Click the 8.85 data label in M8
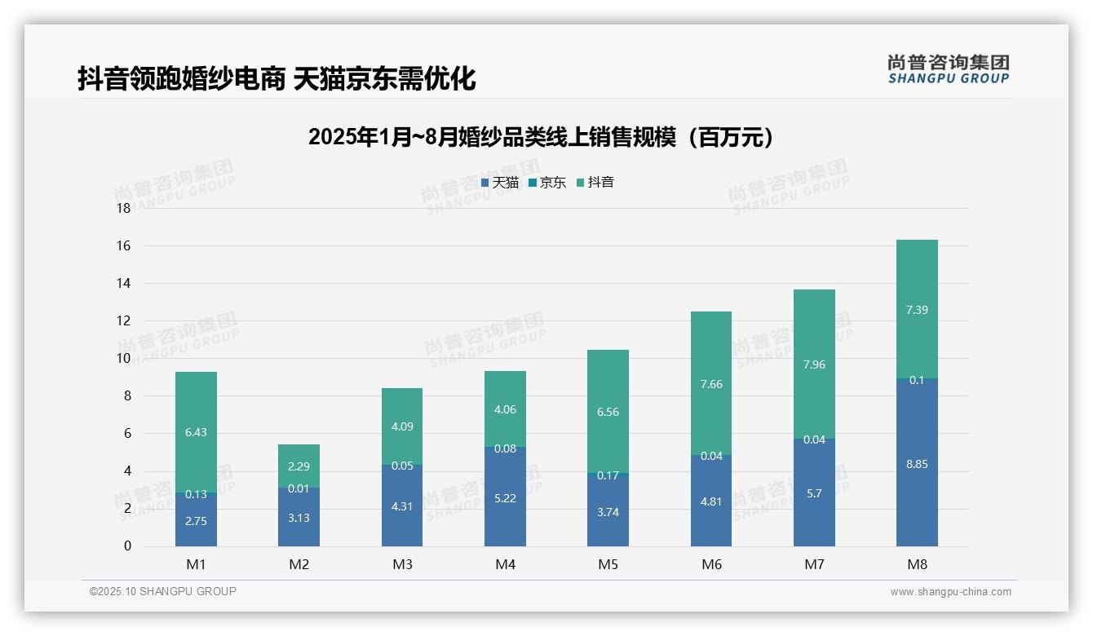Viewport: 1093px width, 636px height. (917, 464)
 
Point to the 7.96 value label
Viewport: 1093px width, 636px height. (814, 364)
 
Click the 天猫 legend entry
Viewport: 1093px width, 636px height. (500, 183)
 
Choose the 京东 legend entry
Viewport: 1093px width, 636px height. (547, 183)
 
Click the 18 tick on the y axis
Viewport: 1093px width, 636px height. (124, 208)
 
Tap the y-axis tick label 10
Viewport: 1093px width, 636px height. (124, 358)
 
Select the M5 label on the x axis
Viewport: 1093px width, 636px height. (608, 564)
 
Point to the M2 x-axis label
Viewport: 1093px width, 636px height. (299, 564)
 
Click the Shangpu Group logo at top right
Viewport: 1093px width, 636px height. (948, 68)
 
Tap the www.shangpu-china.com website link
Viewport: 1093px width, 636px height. (950, 592)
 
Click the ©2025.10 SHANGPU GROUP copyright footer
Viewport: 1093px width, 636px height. (163, 591)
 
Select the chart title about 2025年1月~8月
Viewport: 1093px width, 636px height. (541, 137)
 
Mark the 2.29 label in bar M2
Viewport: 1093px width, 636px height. (299, 467)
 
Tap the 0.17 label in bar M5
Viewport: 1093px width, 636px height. (608, 475)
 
